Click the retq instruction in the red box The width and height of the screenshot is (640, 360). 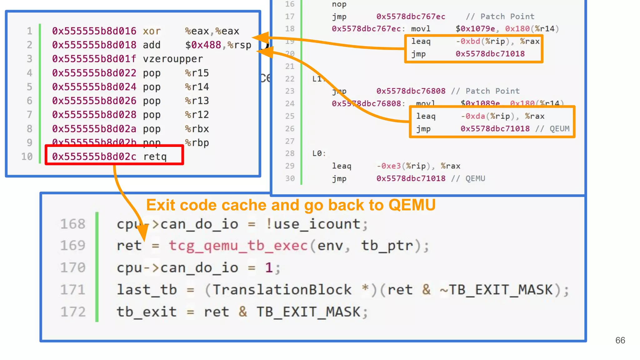click(155, 156)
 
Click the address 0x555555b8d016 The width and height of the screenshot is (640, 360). click(94, 31)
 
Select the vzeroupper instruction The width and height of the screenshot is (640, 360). click(173, 59)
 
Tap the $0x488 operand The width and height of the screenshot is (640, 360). click(203, 45)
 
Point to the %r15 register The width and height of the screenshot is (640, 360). click(197, 73)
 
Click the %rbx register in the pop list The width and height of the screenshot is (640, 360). click(197, 129)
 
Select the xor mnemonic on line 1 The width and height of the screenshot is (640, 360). click(152, 31)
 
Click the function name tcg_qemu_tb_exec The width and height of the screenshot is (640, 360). click(238, 246)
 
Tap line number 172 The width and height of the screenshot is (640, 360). click(73, 312)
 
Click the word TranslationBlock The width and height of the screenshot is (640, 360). click(282, 290)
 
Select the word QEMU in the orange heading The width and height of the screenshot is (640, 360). click(412, 205)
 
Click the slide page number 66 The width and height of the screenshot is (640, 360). click(620, 340)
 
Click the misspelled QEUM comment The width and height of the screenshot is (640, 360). click(559, 129)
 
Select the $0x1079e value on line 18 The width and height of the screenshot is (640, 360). click(475, 29)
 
